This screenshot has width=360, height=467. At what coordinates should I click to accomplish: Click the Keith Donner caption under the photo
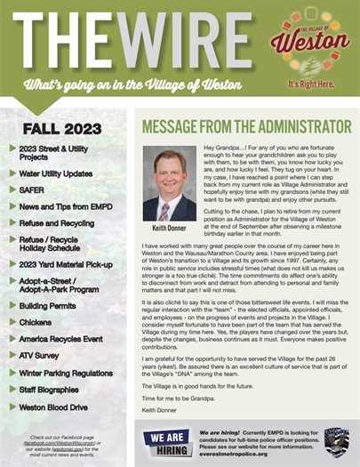168,228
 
